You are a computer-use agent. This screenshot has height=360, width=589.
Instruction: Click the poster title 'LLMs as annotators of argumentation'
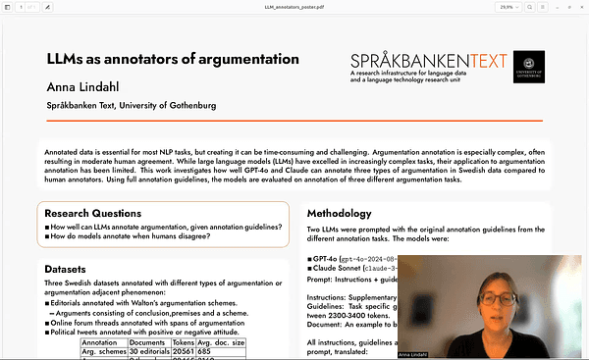coord(172,59)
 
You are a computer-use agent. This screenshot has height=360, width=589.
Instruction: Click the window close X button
coord(580,6)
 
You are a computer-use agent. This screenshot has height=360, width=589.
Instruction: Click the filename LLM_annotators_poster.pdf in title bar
coord(294,6)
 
